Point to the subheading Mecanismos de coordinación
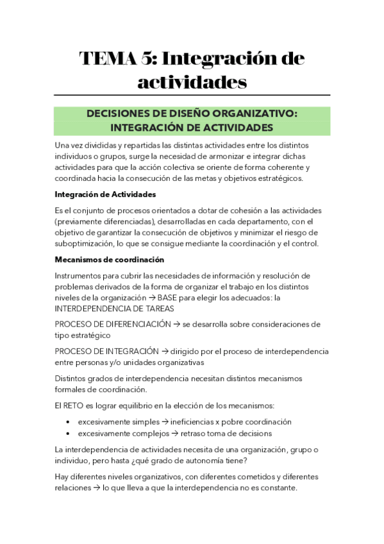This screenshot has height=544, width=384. pos(110,259)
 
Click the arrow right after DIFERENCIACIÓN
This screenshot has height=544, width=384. pos(176,324)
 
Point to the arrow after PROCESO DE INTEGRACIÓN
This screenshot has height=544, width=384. pos(164,351)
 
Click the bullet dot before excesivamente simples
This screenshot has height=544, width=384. pos(68,422)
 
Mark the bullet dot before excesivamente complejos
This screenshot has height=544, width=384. pos(68,434)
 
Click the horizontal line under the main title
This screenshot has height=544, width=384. pos(192,95)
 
